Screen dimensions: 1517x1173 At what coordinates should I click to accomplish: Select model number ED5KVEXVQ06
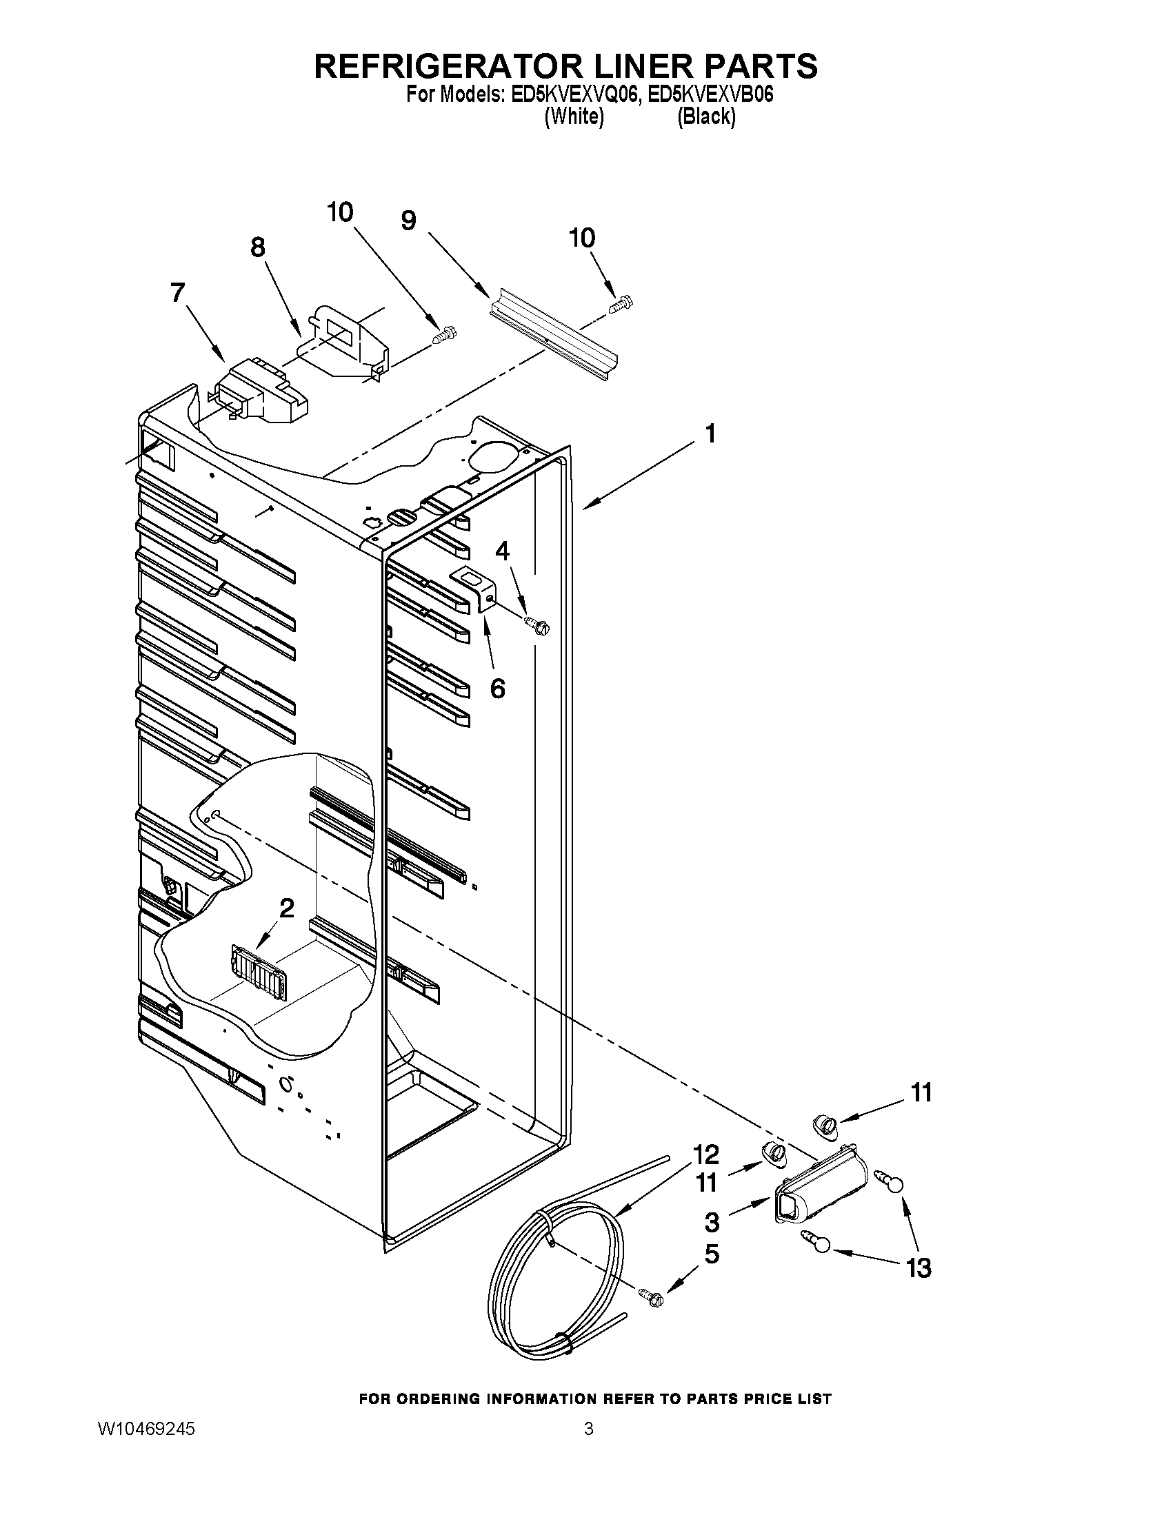[574, 95]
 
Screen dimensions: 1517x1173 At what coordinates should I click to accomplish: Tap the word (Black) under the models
[706, 116]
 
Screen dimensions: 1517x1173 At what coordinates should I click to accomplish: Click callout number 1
[710, 434]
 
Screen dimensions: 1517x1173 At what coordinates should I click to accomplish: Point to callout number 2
[286, 907]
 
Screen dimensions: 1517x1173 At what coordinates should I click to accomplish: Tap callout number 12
[705, 1154]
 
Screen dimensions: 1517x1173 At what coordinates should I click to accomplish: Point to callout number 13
[918, 1268]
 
